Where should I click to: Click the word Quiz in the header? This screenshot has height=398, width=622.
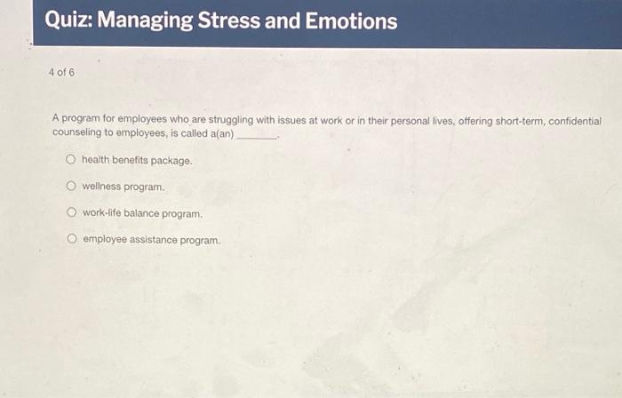click(68, 20)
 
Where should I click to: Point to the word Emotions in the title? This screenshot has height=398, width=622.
click(351, 20)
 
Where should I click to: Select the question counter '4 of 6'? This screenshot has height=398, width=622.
click(61, 72)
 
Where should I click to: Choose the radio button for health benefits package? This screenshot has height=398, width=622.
click(70, 160)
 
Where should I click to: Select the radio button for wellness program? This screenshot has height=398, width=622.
click(70, 187)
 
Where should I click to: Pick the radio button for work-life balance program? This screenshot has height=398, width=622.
click(70, 213)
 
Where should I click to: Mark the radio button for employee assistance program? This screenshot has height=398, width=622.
click(70, 240)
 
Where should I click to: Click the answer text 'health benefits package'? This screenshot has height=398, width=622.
click(137, 161)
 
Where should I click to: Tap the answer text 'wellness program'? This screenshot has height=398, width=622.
click(124, 187)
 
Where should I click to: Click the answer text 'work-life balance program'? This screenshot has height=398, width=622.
click(142, 214)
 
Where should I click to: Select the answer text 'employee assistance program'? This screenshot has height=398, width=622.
click(151, 241)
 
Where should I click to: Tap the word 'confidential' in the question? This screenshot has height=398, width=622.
click(570, 120)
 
